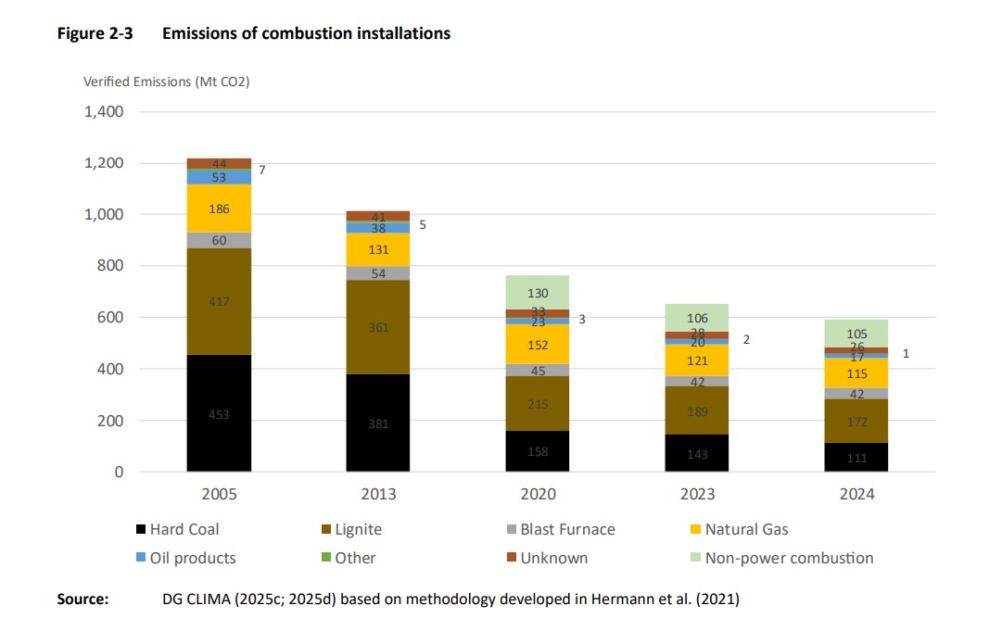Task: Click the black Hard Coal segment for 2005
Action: click(x=219, y=413)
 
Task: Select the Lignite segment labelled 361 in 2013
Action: click(x=378, y=326)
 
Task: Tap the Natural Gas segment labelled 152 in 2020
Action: click(x=538, y=344)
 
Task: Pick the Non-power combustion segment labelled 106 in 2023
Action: click(x=697, y=317)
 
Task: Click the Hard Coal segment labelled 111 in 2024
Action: click(x=856, y=457)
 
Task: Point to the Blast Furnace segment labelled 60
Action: click(x=219, y=240)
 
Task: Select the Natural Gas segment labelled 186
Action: click(x=219, y=208)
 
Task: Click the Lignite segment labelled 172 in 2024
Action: click(x=856, y=421)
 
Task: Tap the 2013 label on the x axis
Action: click(x=378, y=494)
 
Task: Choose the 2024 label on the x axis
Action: click(x=856, y=494)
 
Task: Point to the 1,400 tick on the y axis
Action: click(x=103, y=112)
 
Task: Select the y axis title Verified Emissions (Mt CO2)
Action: click(x=167, y=82)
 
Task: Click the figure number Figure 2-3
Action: click(x=95, y=33)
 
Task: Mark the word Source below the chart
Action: click(x=83, y=599)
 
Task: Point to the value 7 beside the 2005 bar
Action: click(x=261, y=170)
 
